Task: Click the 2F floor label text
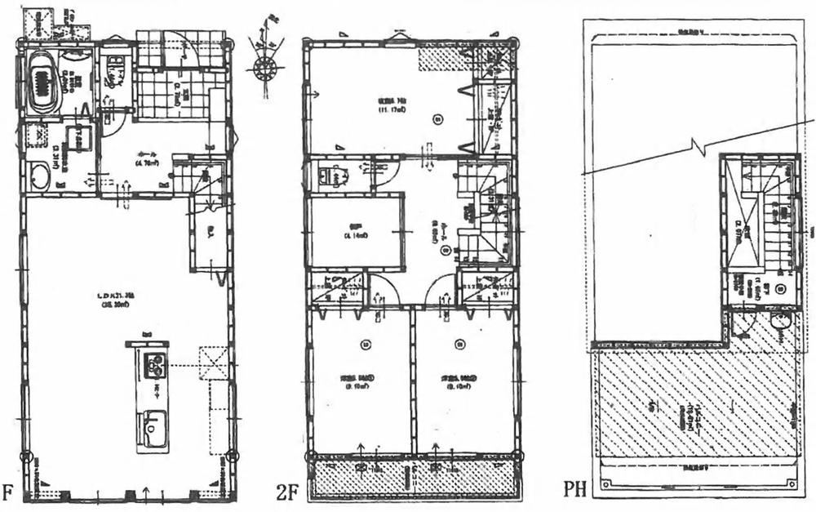[x=288, y=492]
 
